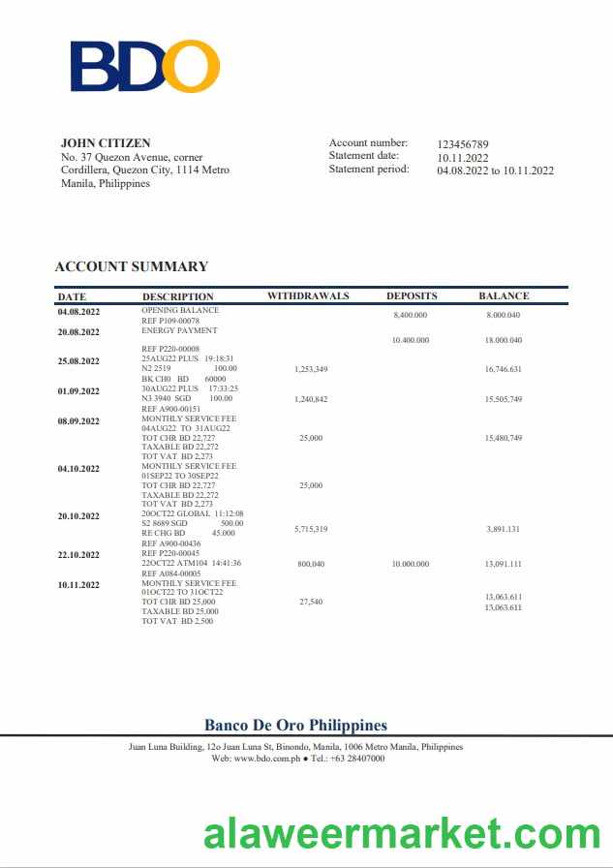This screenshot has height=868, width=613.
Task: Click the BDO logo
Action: tap(144, 66)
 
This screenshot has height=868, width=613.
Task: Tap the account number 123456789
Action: tap(463, 143)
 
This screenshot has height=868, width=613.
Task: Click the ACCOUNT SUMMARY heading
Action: tap(131, 266)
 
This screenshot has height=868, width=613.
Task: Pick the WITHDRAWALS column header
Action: tap(308, 296)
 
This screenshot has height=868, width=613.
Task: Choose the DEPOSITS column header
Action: tap(412, 296)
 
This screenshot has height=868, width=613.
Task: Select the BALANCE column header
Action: tap(504, 296)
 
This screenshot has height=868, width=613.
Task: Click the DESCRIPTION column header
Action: tap(177, 296)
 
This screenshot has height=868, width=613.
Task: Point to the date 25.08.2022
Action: tap(78, 361)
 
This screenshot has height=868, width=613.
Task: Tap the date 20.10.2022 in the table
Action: tap(78, 516)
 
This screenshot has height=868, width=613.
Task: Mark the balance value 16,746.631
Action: tap(504, 369)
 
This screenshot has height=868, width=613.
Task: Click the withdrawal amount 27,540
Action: tap(311, 602)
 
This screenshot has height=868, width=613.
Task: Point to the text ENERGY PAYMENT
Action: tap(180, 330)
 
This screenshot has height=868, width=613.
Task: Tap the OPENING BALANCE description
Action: tap(180, 310)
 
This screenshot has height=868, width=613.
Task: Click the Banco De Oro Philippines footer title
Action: tap(295, 726)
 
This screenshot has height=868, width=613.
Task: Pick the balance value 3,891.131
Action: tap(504, 530)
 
